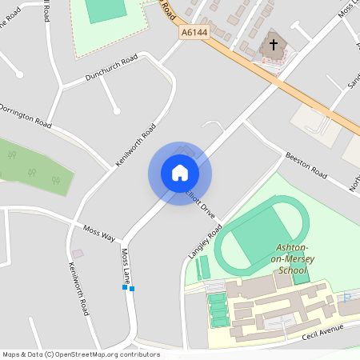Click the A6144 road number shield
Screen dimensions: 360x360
(194, 32)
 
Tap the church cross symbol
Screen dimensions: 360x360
(274, 46)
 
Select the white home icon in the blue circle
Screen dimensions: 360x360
(180, 173)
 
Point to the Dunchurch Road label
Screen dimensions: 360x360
(111, 68)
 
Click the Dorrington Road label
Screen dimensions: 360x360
(24, 116)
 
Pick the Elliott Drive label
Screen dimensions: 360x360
(201, 204)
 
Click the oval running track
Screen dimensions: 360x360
(261, 232)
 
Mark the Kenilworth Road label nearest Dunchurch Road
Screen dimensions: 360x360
(135, 144)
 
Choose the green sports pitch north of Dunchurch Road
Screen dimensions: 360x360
(102, 10)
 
